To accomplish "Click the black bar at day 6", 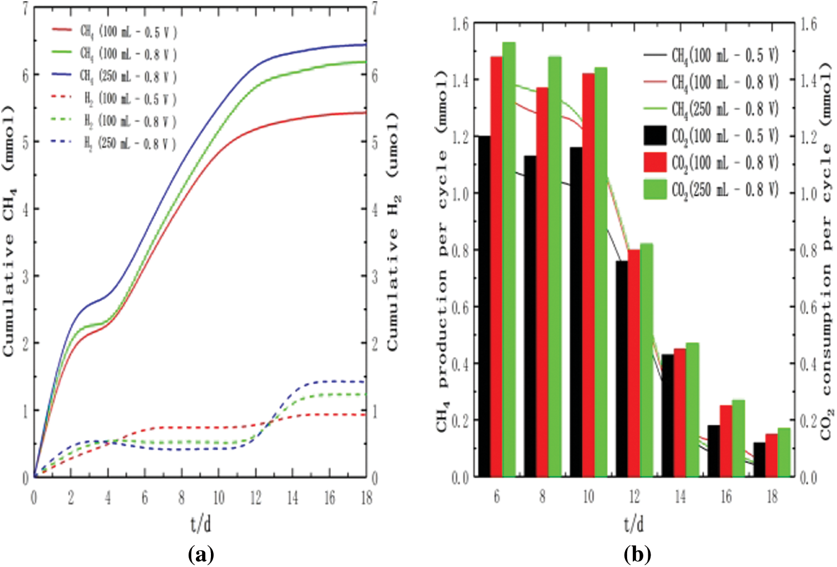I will pyautogui.click(x=484, y=307).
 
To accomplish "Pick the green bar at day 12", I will pyautogui.click(x=647, y=361).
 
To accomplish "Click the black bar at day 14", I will pyautogui.click(x=667, y=416).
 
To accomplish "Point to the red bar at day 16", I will pyautogui.click(x=725, y=441).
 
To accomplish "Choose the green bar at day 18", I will pyautogui.click(x=785, y=453).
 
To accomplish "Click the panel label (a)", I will pyautogui.click(x=201, y=554).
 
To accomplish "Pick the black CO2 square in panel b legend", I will pyautogui.click(x=655, y=136).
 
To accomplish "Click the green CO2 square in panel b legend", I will pyautogui.click(x=655, y=190).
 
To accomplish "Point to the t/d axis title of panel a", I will pyautogui.click(x=201, y=523).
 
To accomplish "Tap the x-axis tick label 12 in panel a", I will pyautogui.click(x=255, y=498).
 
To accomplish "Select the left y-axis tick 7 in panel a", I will pyautogui.click(x=25, y=9).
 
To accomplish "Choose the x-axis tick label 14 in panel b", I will pyautogui.click(x=680, y=497).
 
